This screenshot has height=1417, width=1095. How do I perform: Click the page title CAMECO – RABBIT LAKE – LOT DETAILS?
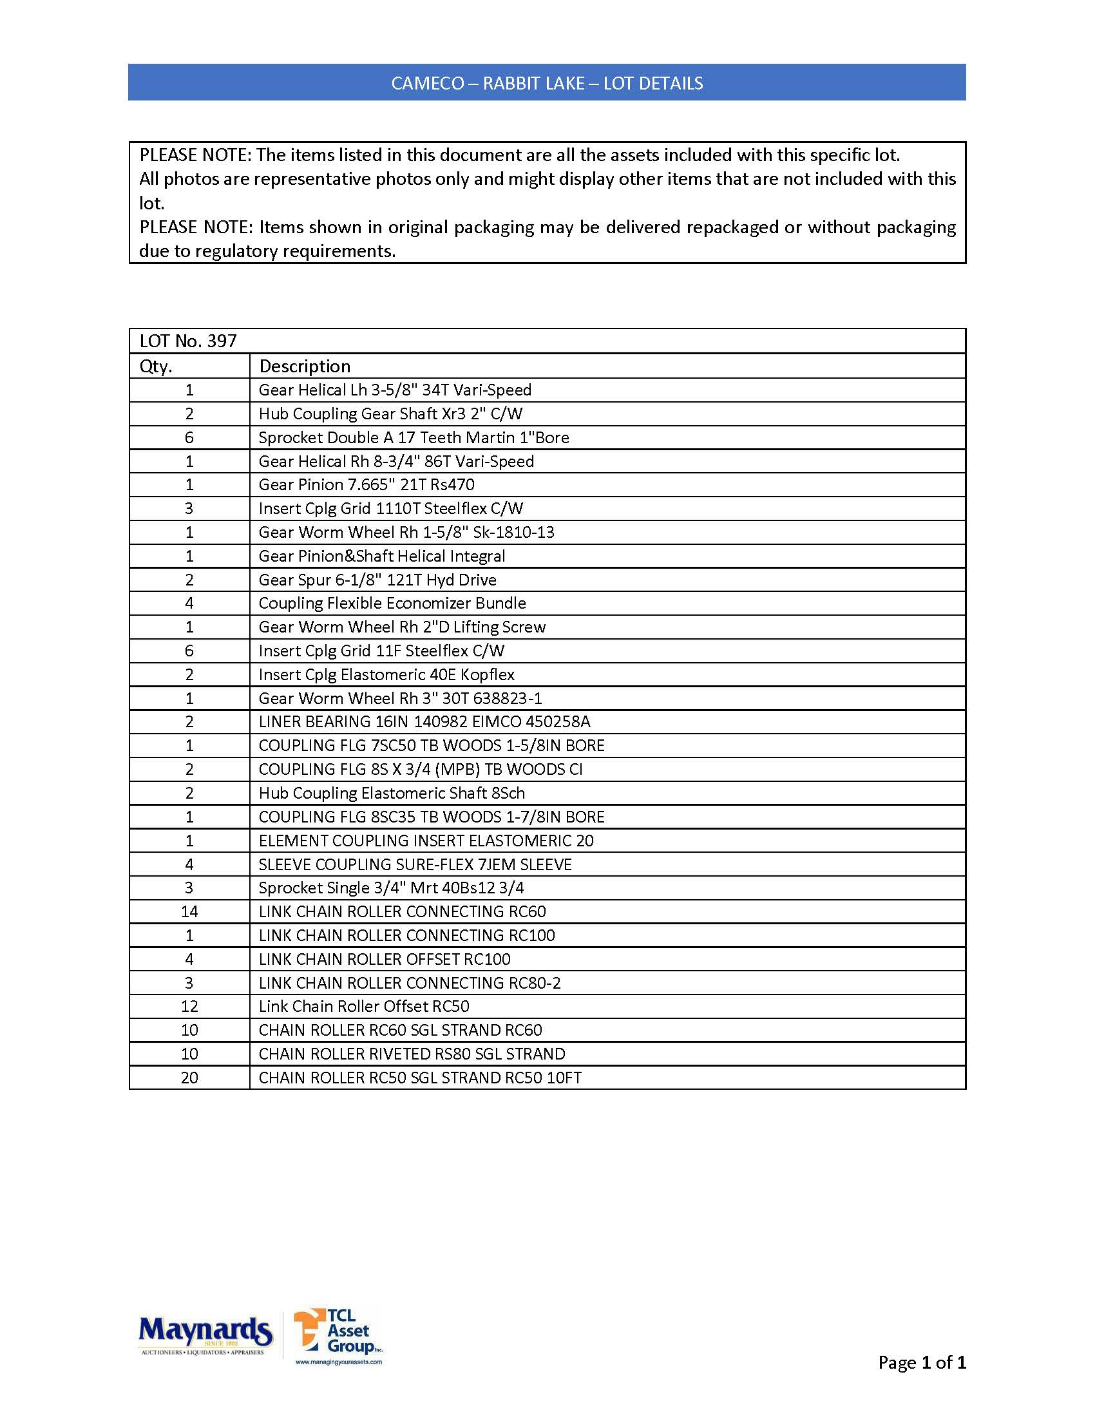[546, 83]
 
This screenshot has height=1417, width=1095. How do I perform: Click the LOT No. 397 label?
[188, 341]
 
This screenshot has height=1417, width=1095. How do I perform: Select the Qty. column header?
[156, 366]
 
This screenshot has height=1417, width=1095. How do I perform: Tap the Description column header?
[304, 366]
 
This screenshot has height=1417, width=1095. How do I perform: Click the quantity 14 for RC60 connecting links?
[189, 911]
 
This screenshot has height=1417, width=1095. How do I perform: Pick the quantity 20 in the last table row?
[189, 1078]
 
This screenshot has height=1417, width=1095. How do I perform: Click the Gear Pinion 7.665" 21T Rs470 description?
[366, 484]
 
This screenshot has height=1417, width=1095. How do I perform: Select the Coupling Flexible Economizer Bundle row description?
[392, 603]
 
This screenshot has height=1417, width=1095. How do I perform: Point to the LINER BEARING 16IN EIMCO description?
[424, 721]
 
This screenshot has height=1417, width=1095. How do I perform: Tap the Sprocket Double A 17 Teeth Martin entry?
[414, 437]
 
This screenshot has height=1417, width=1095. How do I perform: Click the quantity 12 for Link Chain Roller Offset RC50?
[189, 1006]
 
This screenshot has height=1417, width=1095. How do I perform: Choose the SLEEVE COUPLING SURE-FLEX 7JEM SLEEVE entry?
[415, 864]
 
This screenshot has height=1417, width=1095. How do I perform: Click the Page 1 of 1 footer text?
[921, 1362]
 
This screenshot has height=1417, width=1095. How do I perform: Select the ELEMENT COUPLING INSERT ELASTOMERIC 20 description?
[426, 840]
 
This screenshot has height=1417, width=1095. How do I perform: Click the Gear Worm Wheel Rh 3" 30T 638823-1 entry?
[399, 698]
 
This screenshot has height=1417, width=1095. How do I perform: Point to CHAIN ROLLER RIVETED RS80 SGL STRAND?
[412, 1054]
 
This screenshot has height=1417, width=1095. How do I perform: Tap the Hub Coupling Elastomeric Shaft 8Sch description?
[391, 793]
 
